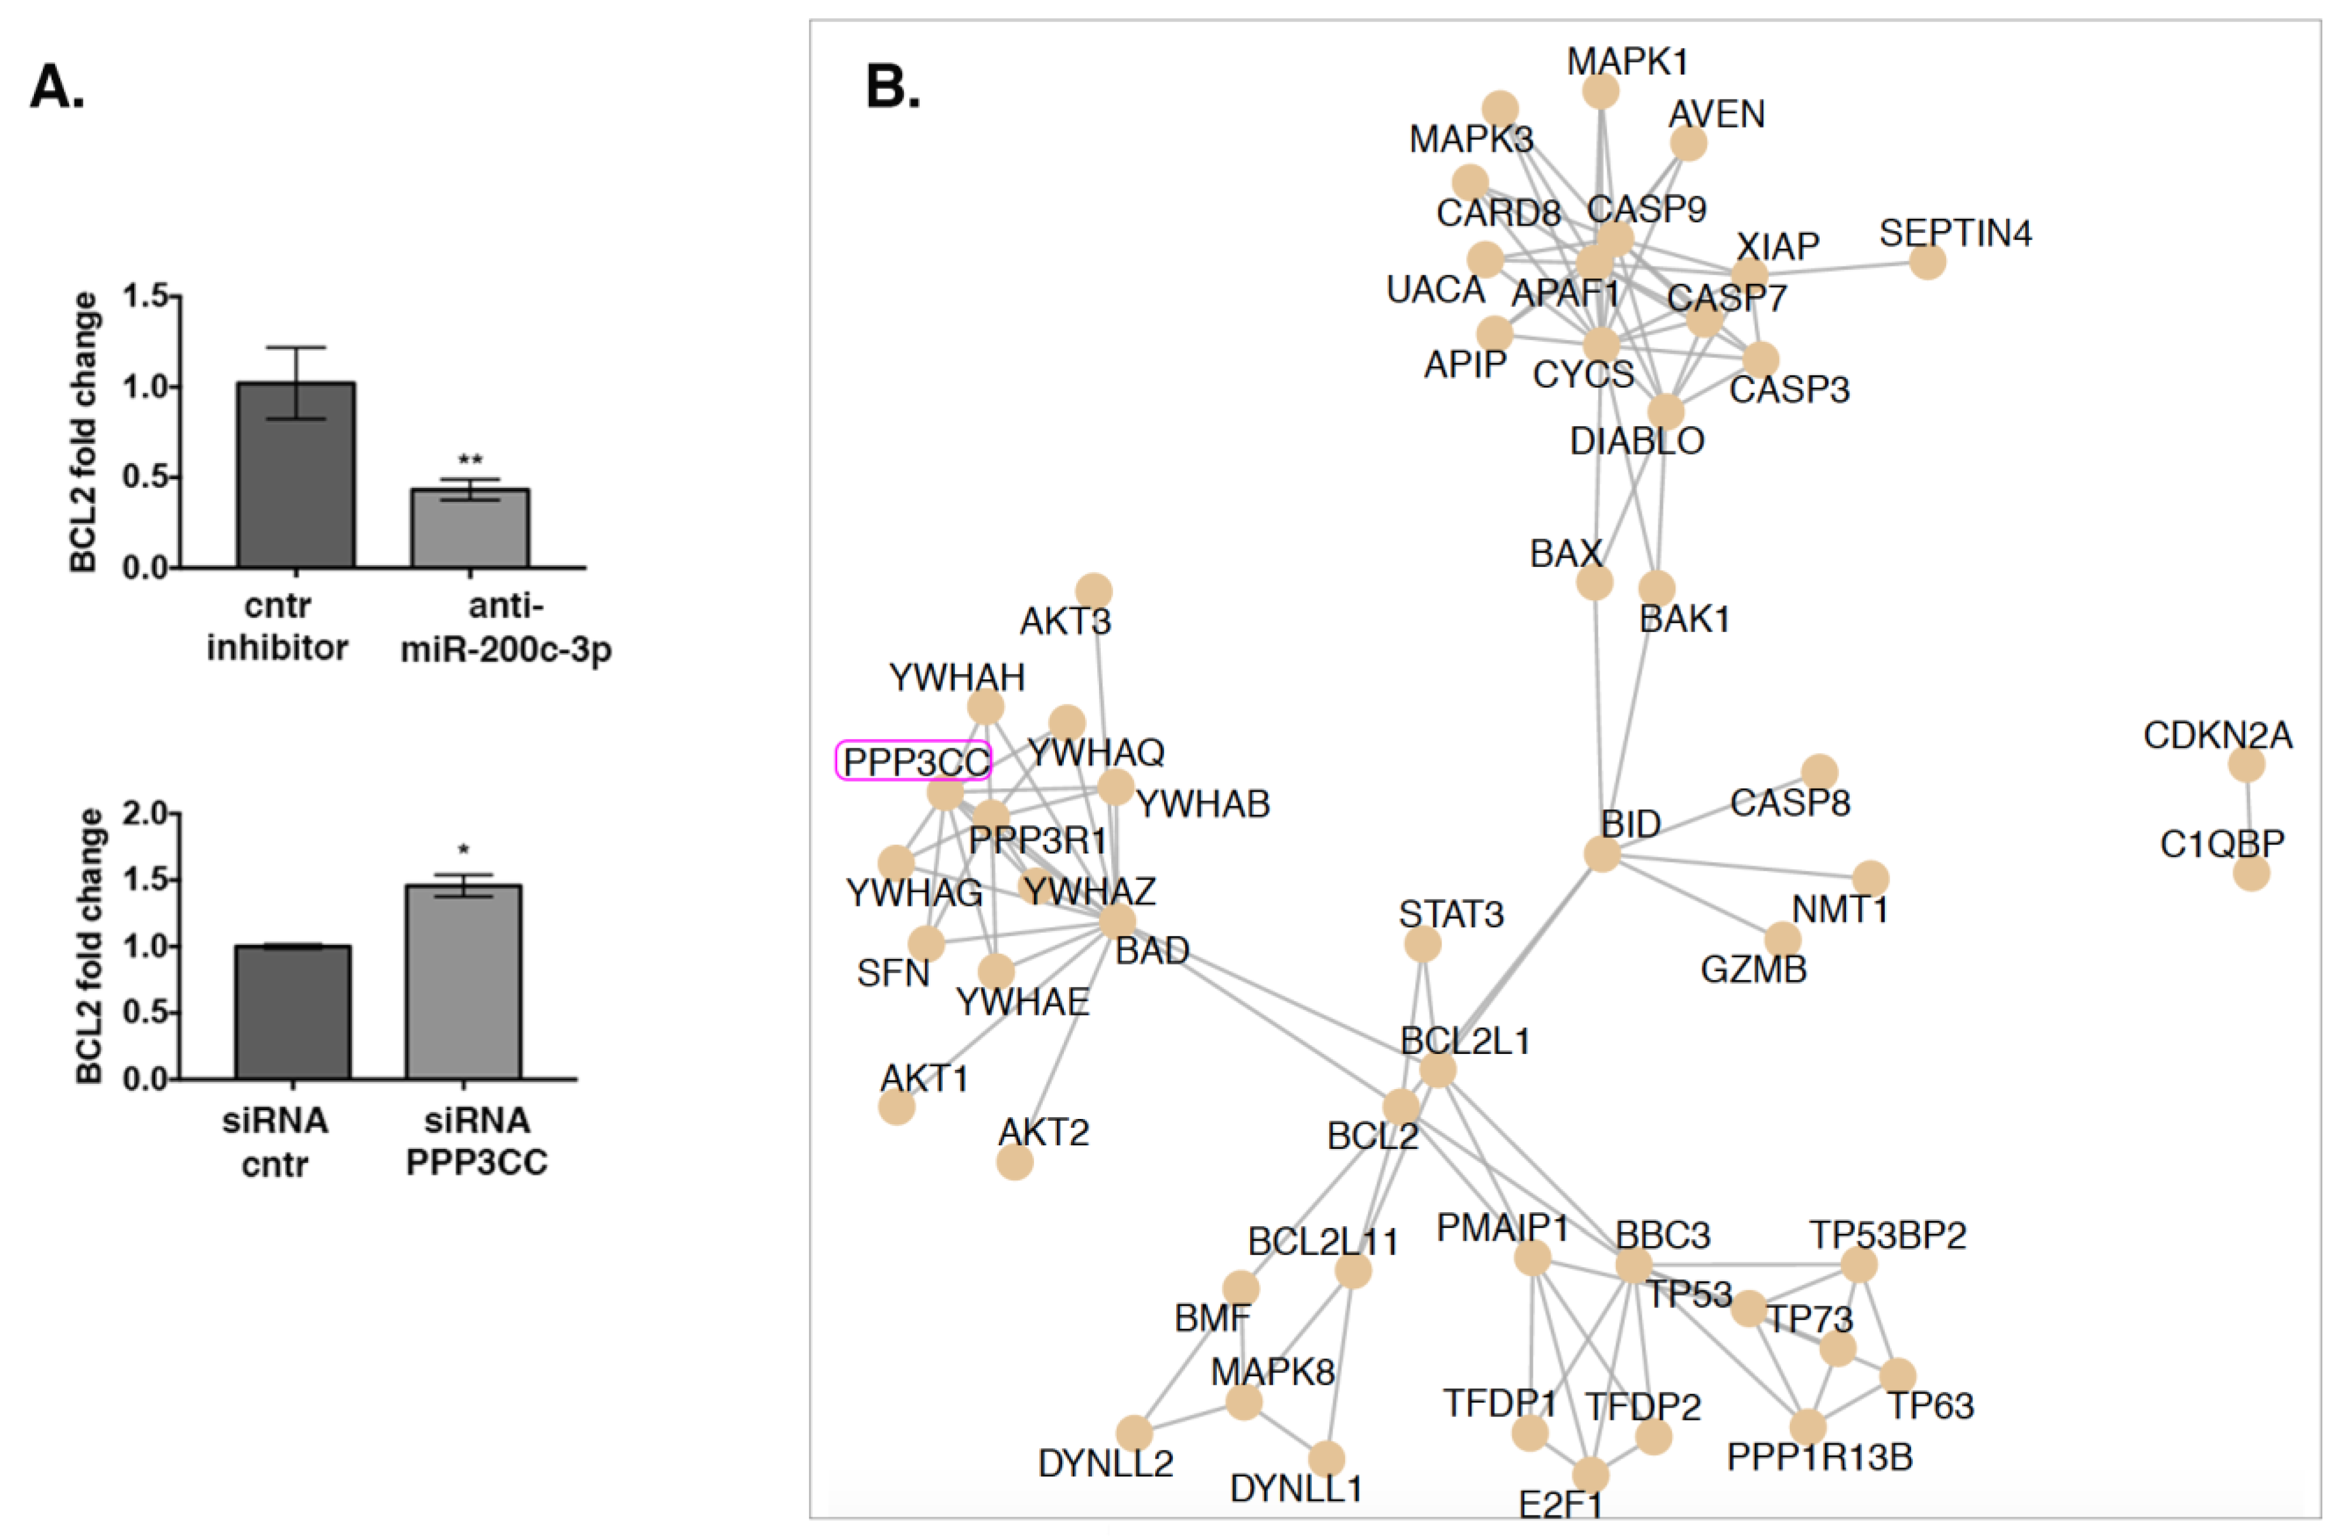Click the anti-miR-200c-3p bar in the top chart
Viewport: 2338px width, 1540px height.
(470, 528)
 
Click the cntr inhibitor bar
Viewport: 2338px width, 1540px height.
(296, 475)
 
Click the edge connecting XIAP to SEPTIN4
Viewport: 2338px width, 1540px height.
(1837, 268)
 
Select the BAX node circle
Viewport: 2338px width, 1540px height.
(1594, 583)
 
